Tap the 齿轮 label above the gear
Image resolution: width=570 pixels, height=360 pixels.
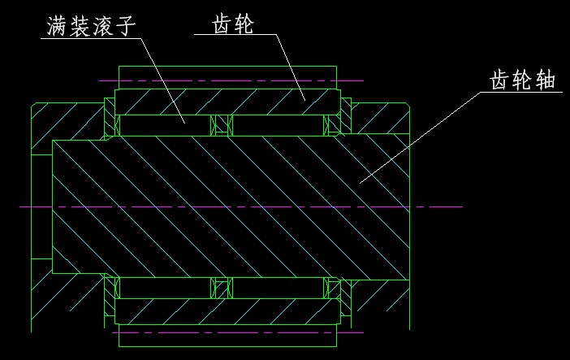[x=232, y=24]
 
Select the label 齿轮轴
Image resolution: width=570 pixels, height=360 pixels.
[x=522, y=81]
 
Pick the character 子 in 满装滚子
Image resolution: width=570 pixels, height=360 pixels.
[x=124, y=26]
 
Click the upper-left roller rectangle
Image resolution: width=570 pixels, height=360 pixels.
[x=164, y=125]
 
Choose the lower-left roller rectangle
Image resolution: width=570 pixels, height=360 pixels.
[x=164, y=288]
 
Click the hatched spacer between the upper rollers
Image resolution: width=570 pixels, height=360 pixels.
[x=221, y=125]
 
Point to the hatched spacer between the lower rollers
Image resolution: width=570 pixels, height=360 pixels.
[x=221, y=288]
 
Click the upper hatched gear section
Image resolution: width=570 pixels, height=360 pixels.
[x=227, y=101]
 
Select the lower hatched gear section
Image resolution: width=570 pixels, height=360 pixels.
[x=227, y=311]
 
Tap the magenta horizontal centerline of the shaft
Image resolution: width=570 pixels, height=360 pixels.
[x=244, y=207]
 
